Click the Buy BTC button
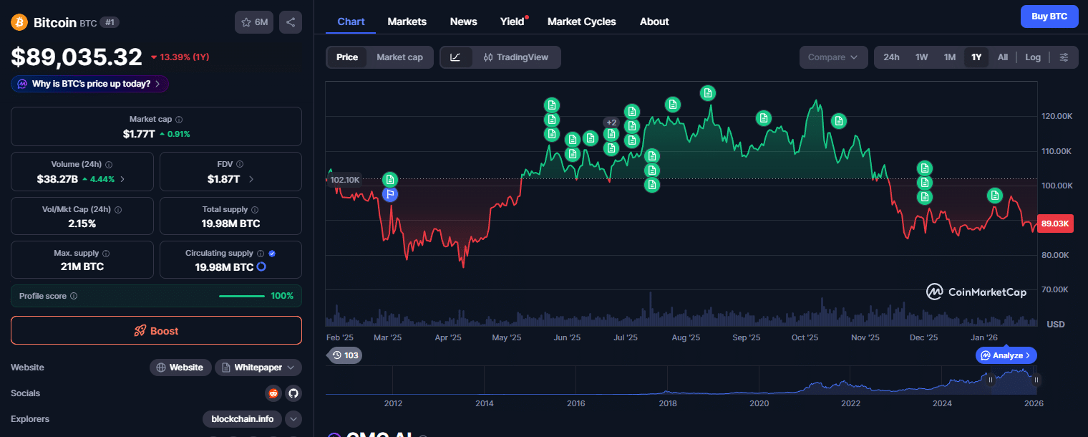(1049, 16)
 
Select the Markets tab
(407, 21)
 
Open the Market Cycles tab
(581, 21)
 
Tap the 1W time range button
(921, 57)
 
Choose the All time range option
(1002, 57)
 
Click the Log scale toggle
(1032, 57)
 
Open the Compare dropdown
(832, 57)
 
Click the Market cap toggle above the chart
(399, 57)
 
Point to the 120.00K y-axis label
(1056, 116)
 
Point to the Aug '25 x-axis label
(685, 337)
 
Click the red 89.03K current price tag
(1055, 224)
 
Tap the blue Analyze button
(1006, 355)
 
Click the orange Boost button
(156, 331)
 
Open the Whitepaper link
(258, 368)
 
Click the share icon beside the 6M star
(291, 22)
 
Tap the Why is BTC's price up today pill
(89, 84)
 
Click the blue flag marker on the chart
(390, 193)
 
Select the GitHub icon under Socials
(292, 393)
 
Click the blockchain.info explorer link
(243, 419)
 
